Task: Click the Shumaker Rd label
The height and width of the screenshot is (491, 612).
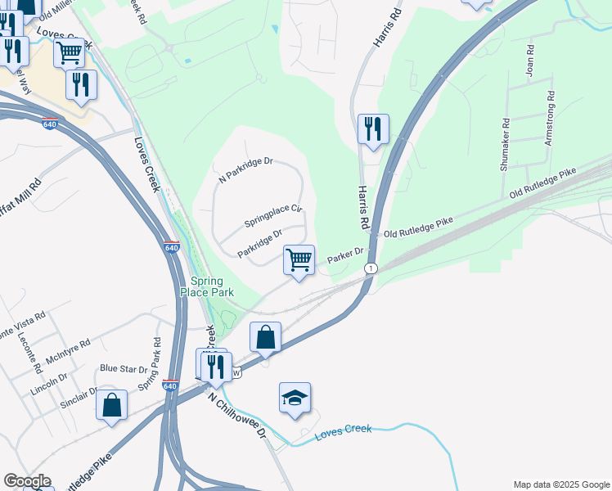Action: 506,145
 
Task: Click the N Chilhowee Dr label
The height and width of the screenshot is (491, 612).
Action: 237,417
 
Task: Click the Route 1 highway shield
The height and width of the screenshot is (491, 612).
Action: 371,268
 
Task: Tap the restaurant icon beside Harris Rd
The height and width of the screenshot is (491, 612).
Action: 373,128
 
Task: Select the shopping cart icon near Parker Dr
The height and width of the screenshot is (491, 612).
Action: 299,259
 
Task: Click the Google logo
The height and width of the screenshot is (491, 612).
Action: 26,481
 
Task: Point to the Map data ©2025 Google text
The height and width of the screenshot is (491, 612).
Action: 560,484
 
